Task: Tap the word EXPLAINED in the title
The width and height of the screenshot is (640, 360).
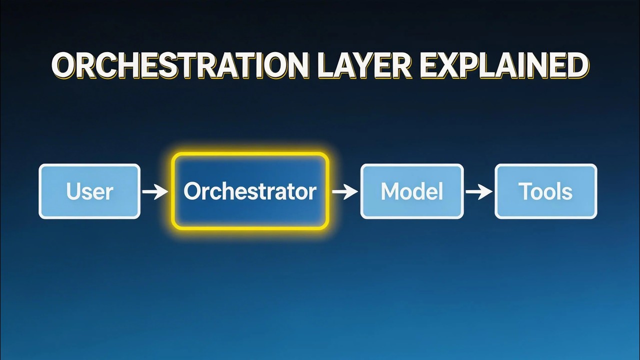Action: pos(504,65)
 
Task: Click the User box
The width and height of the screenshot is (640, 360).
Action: pos(89,191)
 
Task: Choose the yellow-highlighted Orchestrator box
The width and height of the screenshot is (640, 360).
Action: pos(250,191)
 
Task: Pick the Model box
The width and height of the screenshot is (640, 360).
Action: pos(412,191)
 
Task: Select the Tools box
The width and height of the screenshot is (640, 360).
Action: pos(545,191)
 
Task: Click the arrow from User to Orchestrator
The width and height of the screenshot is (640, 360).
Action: pos(155,191)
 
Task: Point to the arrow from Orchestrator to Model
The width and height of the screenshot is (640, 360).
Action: pos(344,191)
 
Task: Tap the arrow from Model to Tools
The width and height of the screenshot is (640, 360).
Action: pos(479,191)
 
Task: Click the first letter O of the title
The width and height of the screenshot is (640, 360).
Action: pos(65,65)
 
